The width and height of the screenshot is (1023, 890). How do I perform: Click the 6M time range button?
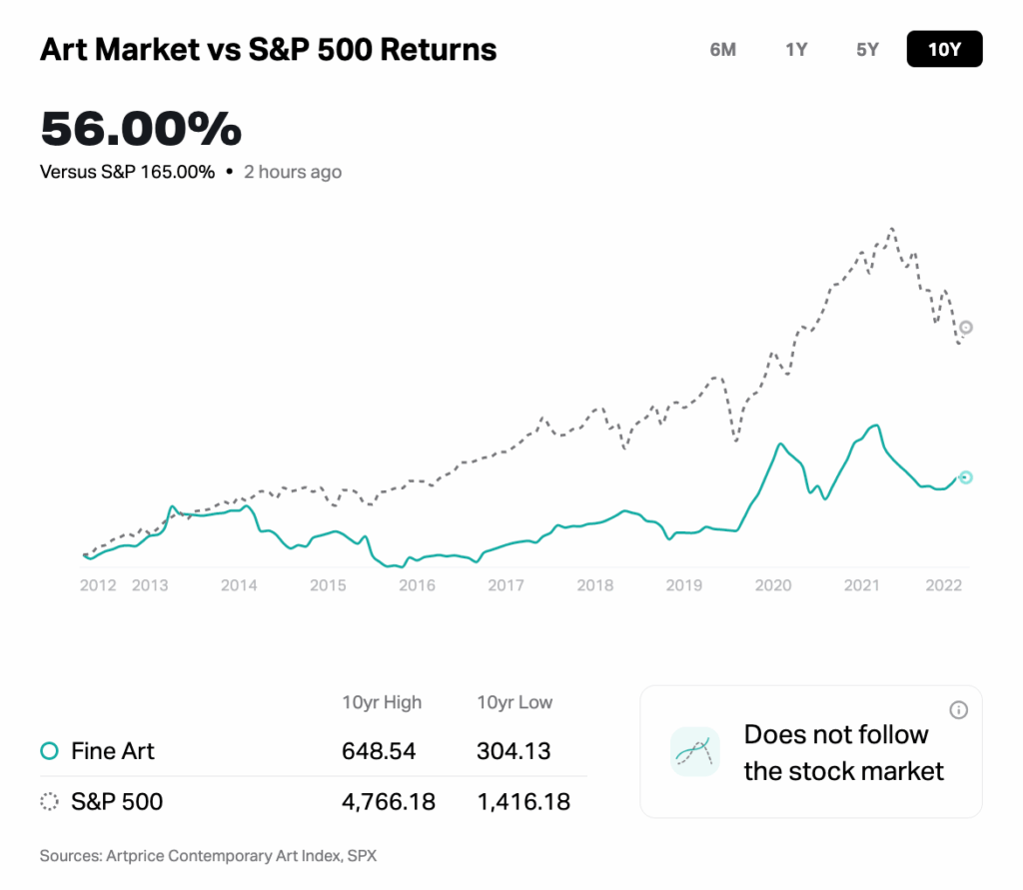pyautogui.click(x=723, y=49)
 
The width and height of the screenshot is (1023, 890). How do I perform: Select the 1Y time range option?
pyautogui.click(x=796, y=49)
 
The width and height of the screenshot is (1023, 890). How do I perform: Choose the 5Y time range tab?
pyautogui.click(x=867, y=49)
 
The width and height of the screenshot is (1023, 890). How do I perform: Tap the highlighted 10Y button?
pyautogui.click(x=944, y=49)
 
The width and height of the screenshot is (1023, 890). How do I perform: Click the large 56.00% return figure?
pyautogui.click(x=141, y=129)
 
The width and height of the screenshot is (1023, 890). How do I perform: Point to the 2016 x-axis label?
pyautogui.click(x=417, y=585)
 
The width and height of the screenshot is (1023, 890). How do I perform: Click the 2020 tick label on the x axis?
pyautogui.click(x=772, y=585)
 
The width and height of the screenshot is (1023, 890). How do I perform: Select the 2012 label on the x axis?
pyautogui.click(x=98, y=585)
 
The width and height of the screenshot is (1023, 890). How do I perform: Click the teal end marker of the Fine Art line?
pyautogui.click(x=965, y=477)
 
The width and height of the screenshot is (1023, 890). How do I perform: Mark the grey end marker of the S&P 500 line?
pyautogui.click(x=966, y=328)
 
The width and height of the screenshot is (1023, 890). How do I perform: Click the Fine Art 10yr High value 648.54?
pyautogui.click(x=379, y=750)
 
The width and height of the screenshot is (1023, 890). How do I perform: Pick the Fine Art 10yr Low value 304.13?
pyautogui.click(x=513, y=750)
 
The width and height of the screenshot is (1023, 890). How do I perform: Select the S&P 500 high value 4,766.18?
pyautogui.click(x=389, y=801)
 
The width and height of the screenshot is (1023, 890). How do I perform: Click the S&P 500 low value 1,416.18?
pyautogui.click(x=523, y=801)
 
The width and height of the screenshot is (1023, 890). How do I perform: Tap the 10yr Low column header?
pyautogui.click(x=514, y=702)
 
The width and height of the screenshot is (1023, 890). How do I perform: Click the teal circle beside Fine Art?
pyautogui.click(x=48, y=751)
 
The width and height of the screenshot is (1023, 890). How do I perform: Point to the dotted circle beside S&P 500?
pyautogui.click(x=48, y=801)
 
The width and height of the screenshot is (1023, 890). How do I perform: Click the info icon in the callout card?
pyautogui.click(x=958, y=710)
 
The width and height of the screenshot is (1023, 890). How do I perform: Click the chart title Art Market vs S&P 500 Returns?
pyautogui.click(x=268, y=49)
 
